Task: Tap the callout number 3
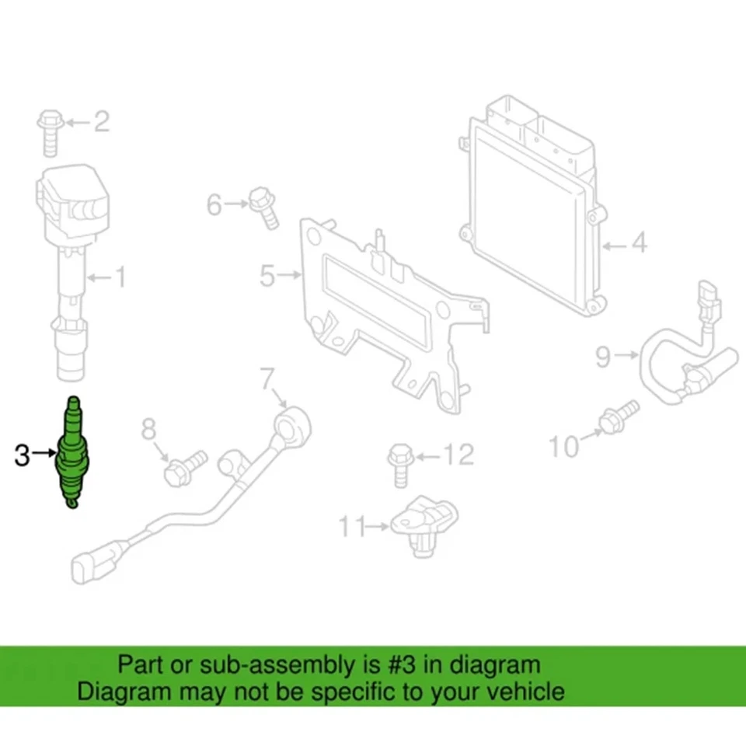tap(23, 455)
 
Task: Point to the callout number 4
tap(637, 244)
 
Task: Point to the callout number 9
tap(605, 357)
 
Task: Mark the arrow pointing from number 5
tap(290, 274)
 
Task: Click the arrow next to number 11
tap(378, 527)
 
